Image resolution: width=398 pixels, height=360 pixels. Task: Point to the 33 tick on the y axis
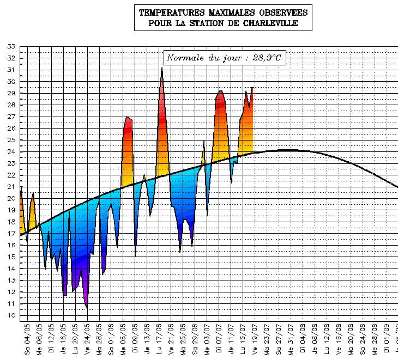pyautogui.click(x=11, y=46)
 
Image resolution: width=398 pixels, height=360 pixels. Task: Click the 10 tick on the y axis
pyautogui.click(x=11, y=315)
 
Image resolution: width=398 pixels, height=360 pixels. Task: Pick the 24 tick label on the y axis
pyautogui.click(x=11, y=151)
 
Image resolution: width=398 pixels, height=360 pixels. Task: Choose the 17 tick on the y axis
pyautogui.click(x=11, y=234)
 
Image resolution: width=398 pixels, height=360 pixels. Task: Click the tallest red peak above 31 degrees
pyautogui.click(x=162, y=69)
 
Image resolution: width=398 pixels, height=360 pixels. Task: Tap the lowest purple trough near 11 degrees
pyautogui.click(x=87, y=307)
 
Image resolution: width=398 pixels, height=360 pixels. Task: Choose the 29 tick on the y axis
pyautogui.click(x=11, y=93)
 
